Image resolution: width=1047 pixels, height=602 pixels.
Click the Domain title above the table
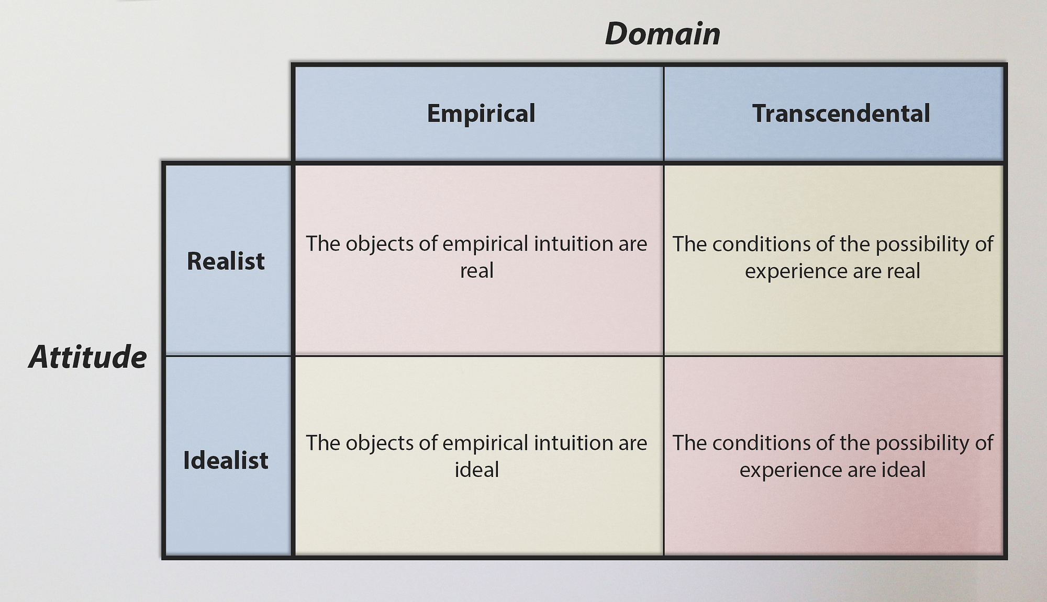pyautogui.click(x=662, y=34)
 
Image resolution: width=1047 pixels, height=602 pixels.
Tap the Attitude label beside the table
pyautogui.click(x=88, y=357)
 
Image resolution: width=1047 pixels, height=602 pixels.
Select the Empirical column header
pyautogui.click(x=481, y=113)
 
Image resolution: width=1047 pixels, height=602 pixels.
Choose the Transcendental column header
pyautogui.click(x=841, y=113)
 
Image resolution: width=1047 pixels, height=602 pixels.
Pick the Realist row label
pyautogui.click(x=226, y=261)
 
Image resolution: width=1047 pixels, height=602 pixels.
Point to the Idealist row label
pyautogui.click(x=226, y=460)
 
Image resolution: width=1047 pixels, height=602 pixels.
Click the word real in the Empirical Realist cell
pyautogui.click(x=476, y=271)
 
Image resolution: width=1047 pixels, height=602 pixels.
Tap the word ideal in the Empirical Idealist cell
pyautogui.click(x=476, y=470)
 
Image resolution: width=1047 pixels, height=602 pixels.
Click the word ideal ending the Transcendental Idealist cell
pyautogui.click(x=904, y=470)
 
